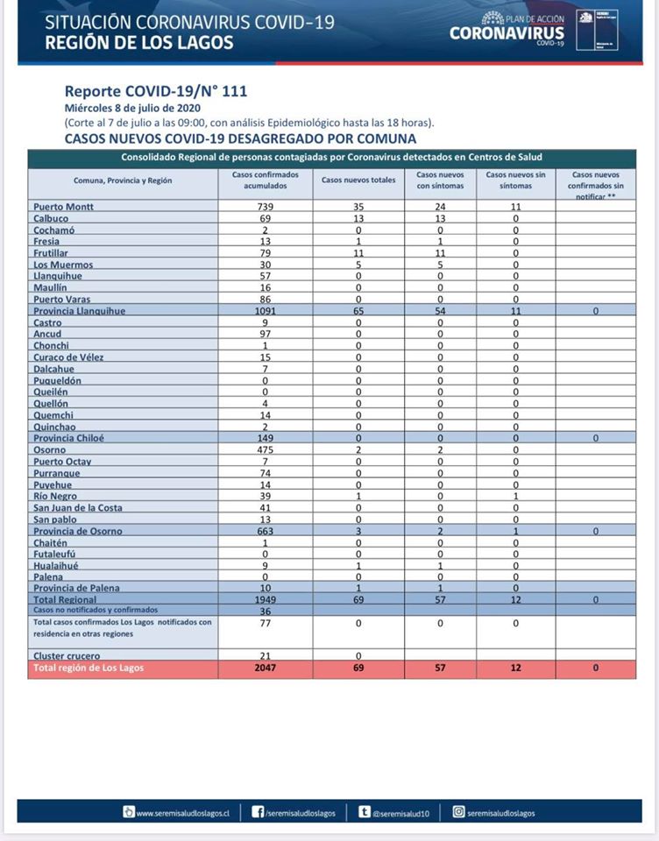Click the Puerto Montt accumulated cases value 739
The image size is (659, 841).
[266, 207]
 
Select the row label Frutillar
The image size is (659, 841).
[52, 253]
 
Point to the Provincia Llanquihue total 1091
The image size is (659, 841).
[266, 311]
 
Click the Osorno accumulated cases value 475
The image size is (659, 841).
[266, 449]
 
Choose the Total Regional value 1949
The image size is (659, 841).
[266, 599]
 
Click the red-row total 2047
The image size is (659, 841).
[266, 668]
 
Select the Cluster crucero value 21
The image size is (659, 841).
[266, 656]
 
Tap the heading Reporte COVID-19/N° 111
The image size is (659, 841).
[149, 91]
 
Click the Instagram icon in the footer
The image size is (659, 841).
[457, 812]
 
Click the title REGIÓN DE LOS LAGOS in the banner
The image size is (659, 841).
[139, 42]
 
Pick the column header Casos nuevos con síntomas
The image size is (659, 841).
[440, 180]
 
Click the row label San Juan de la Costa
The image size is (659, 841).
[78, 507]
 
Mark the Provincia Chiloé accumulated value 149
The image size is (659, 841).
[266, 437]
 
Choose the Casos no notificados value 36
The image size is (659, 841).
[266, 611]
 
